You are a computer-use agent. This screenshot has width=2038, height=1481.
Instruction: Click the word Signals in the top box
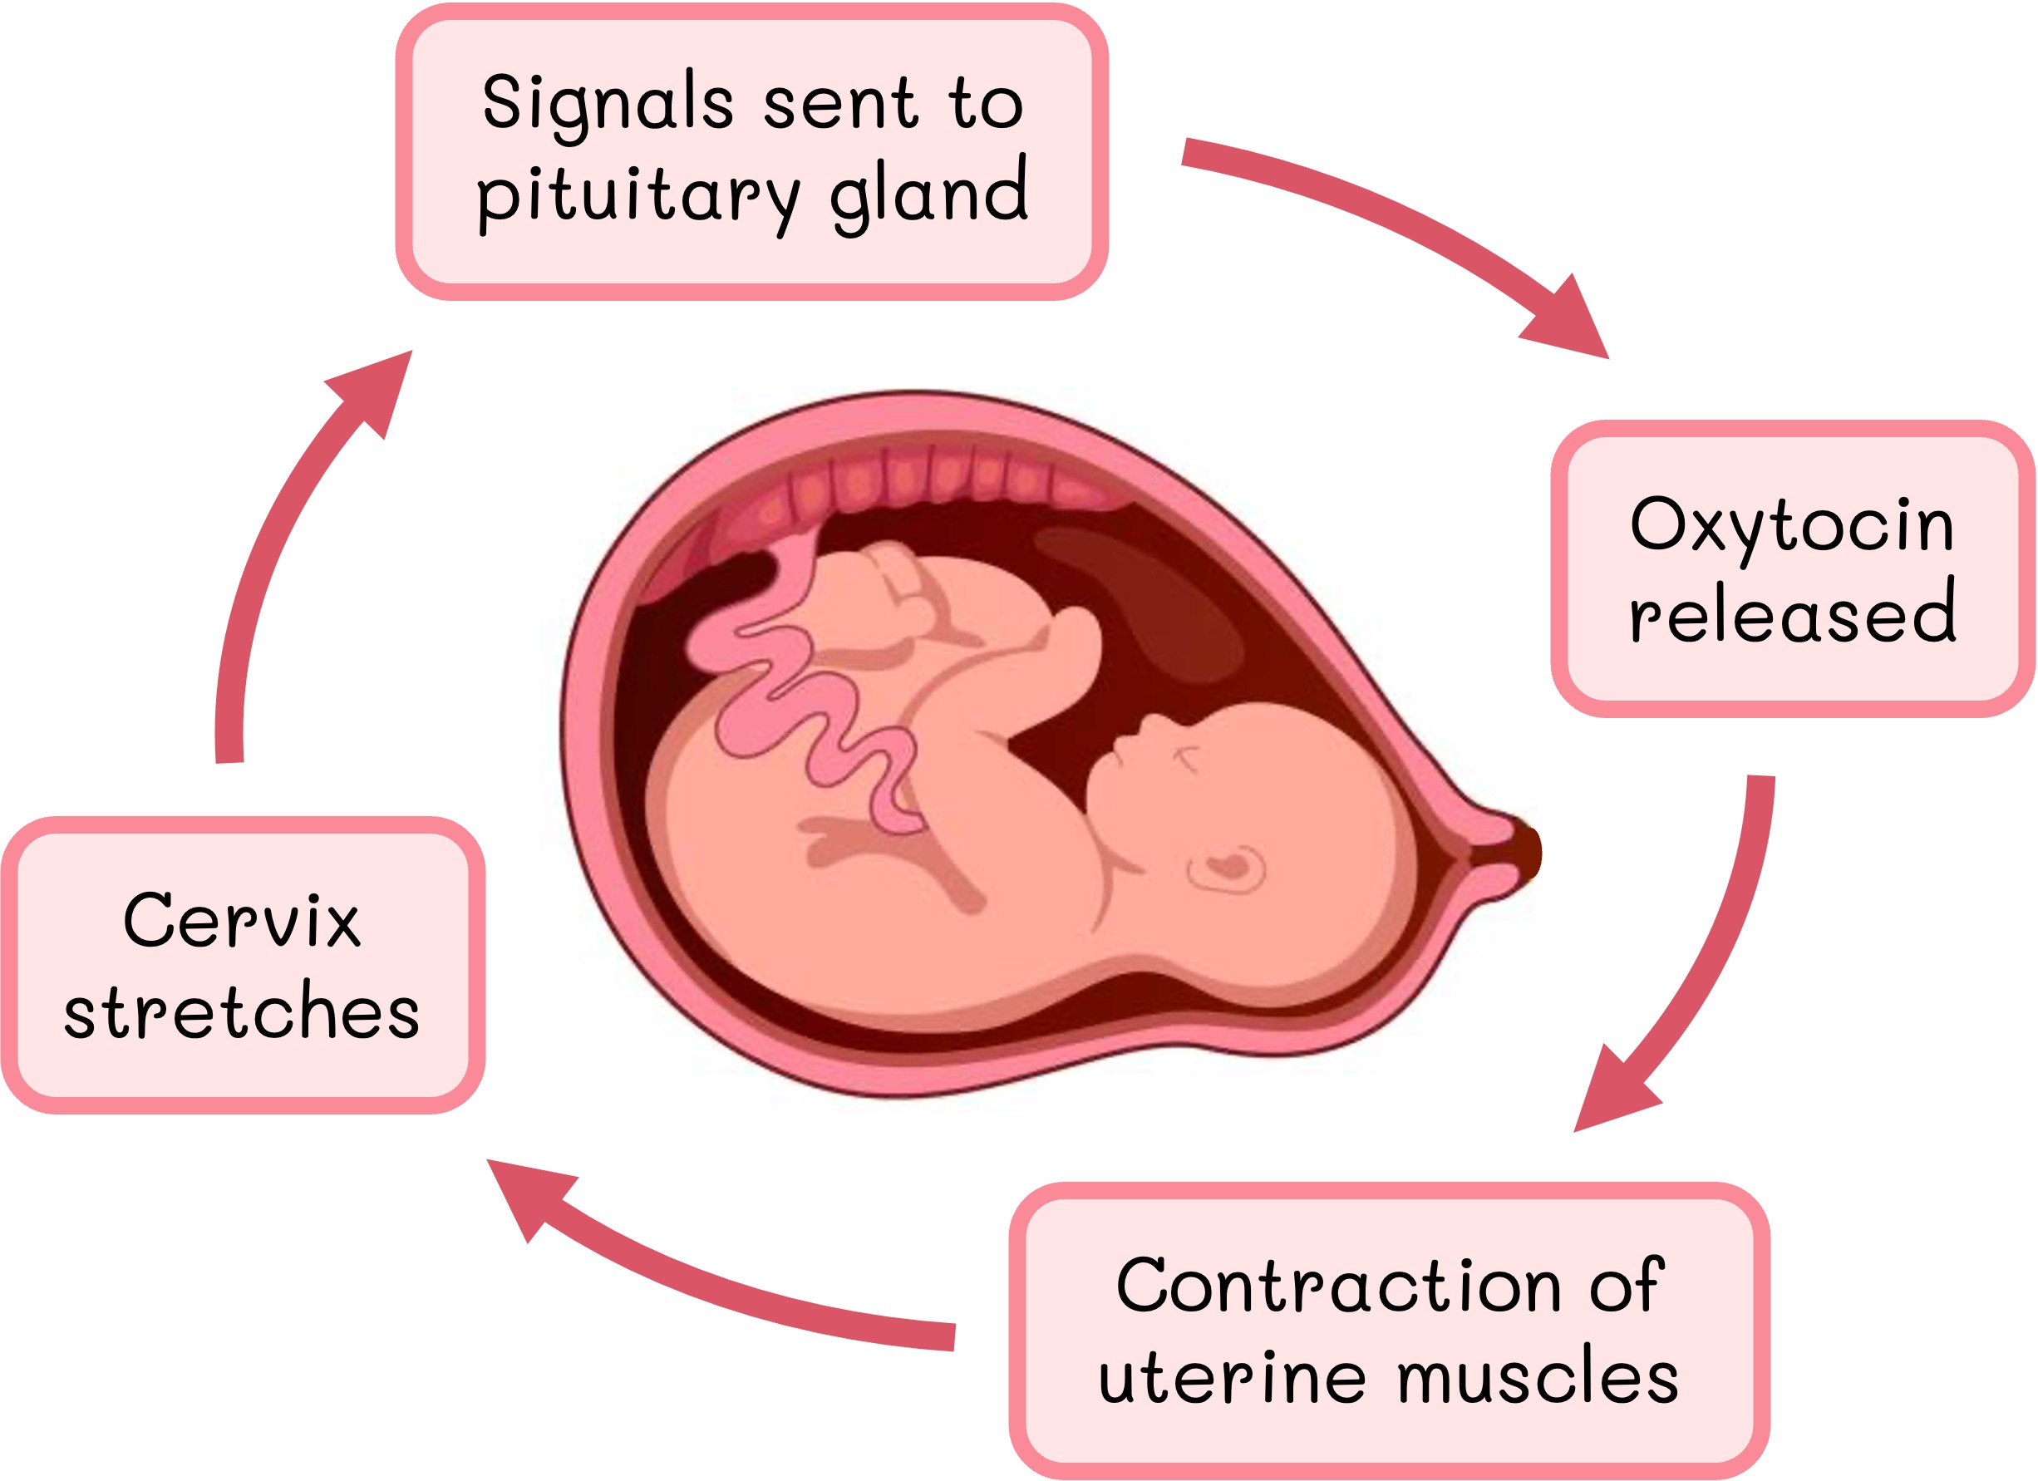click(x=608, y=103)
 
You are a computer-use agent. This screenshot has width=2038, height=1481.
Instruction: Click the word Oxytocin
click(x=1792, y=526)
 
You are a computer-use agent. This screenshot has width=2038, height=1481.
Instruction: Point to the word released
click(x=1793, y=614)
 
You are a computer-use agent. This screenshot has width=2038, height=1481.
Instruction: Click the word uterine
click(x=1232, y=1377)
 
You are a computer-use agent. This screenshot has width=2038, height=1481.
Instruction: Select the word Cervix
click(x=242, y=920)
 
